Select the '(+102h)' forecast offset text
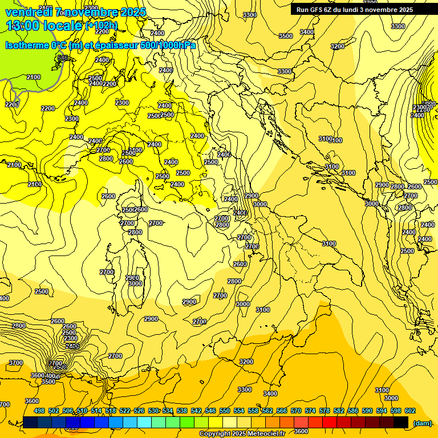pos(102,26)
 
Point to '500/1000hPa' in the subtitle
pos(168,45)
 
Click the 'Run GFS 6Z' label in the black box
pos(316,10)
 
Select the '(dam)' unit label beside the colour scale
pos(422,423)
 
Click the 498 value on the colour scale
pos(39,411)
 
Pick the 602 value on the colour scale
pos(410,411)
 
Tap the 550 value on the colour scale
pos(225,411)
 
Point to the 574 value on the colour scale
pos(310,411)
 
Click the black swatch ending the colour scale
pos(401,423)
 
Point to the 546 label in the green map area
pos(63,58)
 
